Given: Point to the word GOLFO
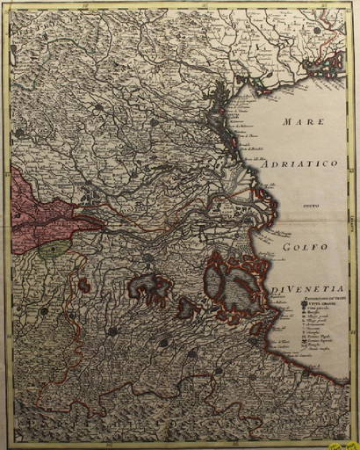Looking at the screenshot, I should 306,247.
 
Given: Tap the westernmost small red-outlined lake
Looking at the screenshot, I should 84,284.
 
